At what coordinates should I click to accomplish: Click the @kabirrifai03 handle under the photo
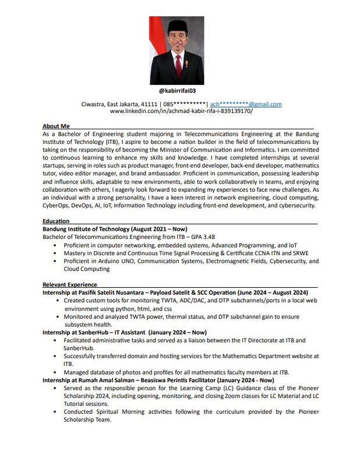180,91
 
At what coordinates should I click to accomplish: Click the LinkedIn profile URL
181,111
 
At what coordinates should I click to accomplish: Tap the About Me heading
56,126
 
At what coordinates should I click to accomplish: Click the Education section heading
56,221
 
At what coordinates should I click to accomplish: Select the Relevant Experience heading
70,284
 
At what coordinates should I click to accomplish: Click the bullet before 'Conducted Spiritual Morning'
54,412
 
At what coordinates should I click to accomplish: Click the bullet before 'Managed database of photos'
54,372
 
